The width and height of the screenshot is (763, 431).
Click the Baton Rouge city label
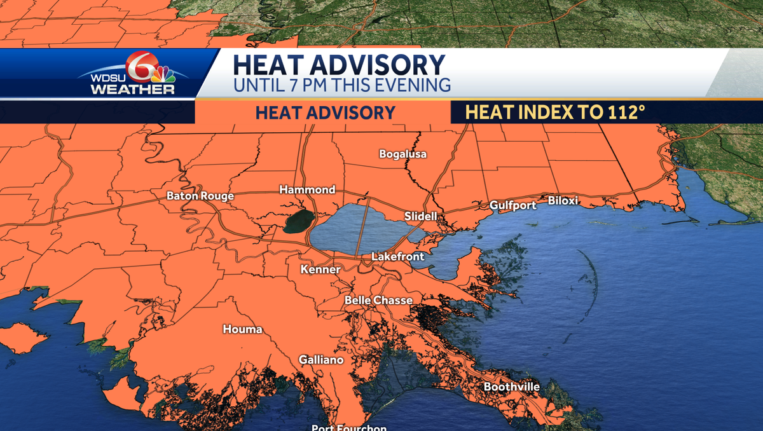click(200, 196)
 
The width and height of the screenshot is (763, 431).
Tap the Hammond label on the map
click(307, 189)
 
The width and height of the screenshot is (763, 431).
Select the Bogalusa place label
click(402, 154)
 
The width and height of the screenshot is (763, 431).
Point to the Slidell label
click(421, 216)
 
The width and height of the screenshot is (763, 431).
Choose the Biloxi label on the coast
click(563, 201)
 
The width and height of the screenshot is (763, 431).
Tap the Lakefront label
click(397, 257)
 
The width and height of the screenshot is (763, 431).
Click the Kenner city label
click(320, 270)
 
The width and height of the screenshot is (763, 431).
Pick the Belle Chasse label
click(378, 300)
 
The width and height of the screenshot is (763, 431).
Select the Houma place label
click(242, 329)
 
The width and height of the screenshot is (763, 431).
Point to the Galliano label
click(321, 360)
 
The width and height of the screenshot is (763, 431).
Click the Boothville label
click(511, 387)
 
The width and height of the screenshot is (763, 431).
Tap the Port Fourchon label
click(348, 427)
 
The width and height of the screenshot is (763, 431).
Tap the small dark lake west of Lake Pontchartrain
click(298, 222)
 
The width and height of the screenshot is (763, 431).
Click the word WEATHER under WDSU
click(132, 89)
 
